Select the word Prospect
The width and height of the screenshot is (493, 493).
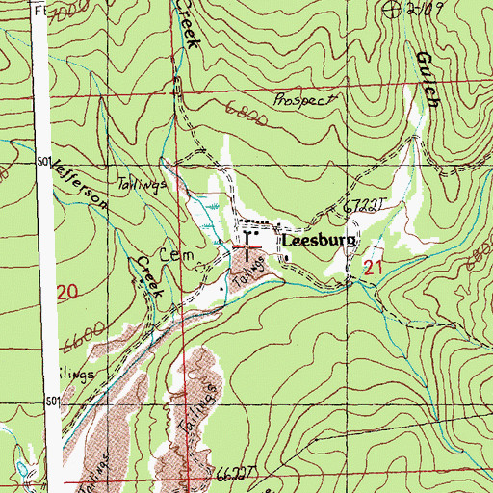click(305, 99)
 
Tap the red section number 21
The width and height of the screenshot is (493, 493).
click(375, 270)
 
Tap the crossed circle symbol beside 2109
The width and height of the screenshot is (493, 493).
click(391, 10)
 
